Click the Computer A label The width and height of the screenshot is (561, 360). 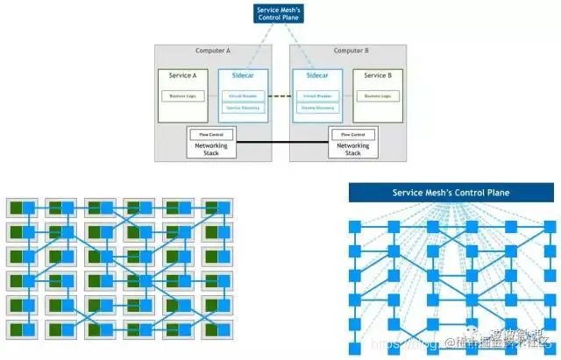[212, 52]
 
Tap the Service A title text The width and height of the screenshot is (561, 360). [182, 76]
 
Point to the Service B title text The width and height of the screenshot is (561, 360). [379, 76]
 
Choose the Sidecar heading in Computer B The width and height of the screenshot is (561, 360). [316, 76]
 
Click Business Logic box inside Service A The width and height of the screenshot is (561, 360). [182, 95]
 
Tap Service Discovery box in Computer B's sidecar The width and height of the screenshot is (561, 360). [316, 108]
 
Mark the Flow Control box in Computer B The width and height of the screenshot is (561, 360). [352, 135]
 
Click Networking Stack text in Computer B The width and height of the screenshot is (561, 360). [352, 150]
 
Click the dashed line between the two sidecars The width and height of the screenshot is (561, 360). [280, 95]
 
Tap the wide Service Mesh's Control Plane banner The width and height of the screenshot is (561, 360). [448, 192]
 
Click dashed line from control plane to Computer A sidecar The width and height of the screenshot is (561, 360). [256, 47]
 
